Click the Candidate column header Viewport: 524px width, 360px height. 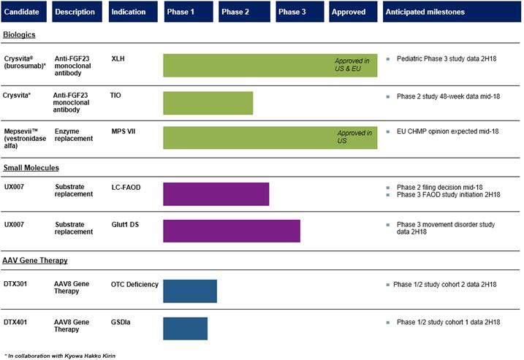(x=26, y=12)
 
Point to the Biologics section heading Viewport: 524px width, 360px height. (x=20, y=34)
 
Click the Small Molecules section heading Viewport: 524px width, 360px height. (x=32, y=168)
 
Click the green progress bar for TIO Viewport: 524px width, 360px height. (x=208, y=103)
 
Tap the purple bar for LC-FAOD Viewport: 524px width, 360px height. (x=216, y=194)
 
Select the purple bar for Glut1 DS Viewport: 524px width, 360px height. (x=231, y=231)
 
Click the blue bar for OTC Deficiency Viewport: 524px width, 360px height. (x=189, y=291)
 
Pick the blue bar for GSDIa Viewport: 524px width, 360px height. (x=185, y=328)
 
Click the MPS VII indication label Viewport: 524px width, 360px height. (x=125, y=132)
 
